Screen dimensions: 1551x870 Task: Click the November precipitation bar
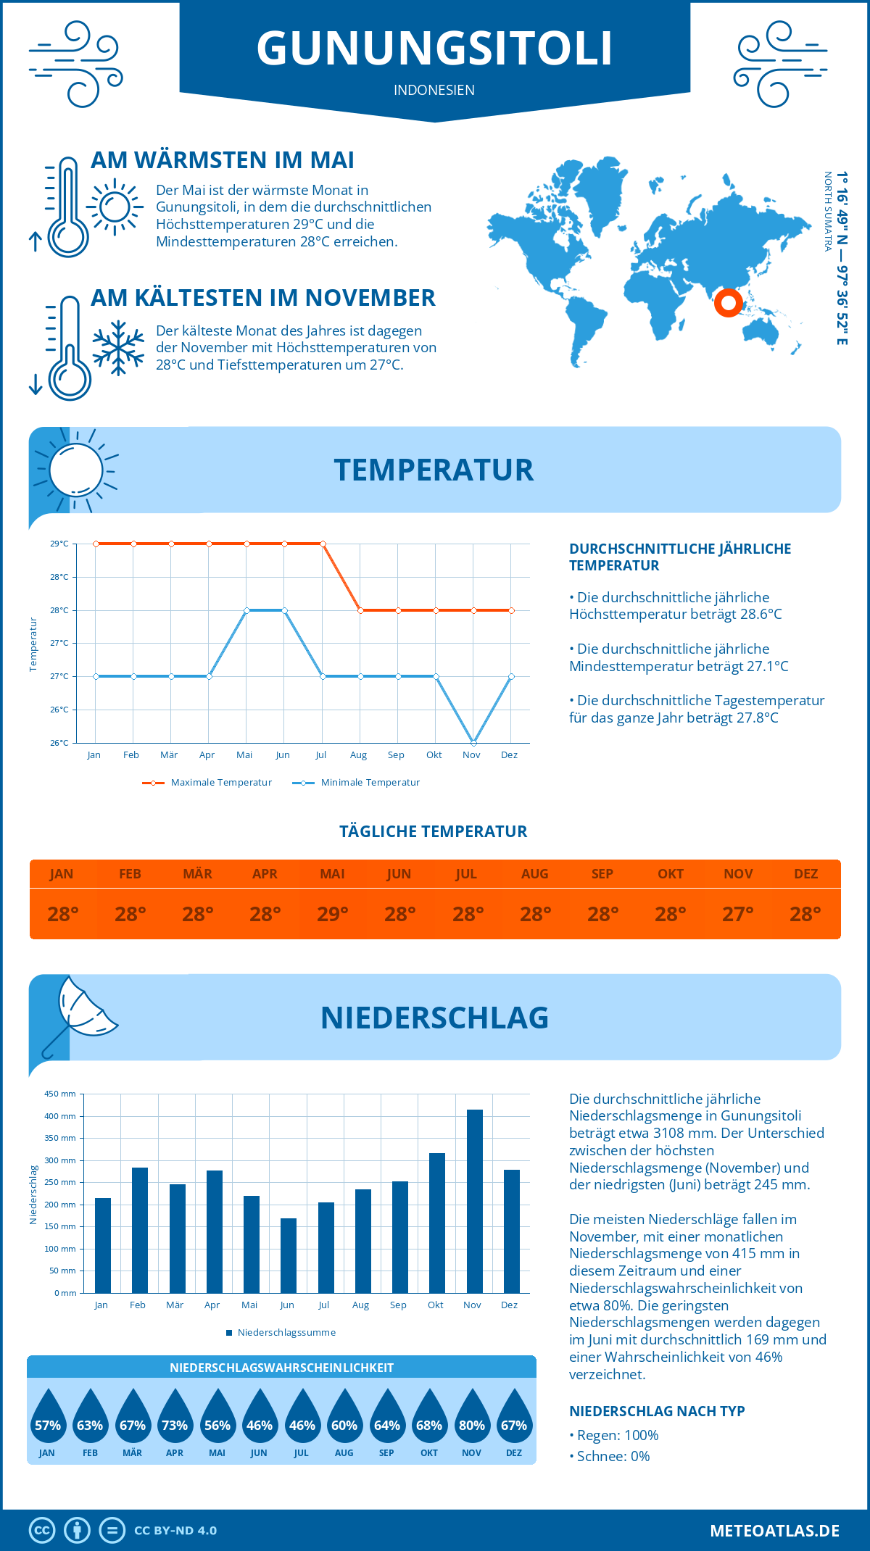(474, 1201)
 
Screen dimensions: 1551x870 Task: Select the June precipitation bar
(288, 1255)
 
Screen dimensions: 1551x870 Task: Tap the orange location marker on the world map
(728, 302)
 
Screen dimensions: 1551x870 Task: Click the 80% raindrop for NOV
(472, 1418)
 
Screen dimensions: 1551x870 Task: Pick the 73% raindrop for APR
(175, 1418)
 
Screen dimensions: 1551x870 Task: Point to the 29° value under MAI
(333, 914)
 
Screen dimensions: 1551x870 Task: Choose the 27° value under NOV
(738, 914)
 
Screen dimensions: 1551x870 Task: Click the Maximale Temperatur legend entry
(207, 783)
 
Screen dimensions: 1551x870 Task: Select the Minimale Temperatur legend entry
(357, 783)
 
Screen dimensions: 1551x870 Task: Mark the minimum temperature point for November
(473, 743)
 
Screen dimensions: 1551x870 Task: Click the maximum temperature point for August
(360, 610)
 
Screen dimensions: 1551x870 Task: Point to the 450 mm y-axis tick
(61, 1094)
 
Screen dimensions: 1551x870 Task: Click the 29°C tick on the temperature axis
(59, 544)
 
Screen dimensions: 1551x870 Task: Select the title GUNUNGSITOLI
(434, 49)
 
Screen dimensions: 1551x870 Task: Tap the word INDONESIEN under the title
(434, 90)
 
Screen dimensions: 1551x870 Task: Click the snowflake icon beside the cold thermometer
(118, 348)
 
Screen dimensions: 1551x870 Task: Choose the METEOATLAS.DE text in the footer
(774, 1531)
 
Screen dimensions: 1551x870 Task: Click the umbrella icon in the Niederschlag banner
(78, 1015)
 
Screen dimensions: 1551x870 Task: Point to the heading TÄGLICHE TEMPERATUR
(434, 831)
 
